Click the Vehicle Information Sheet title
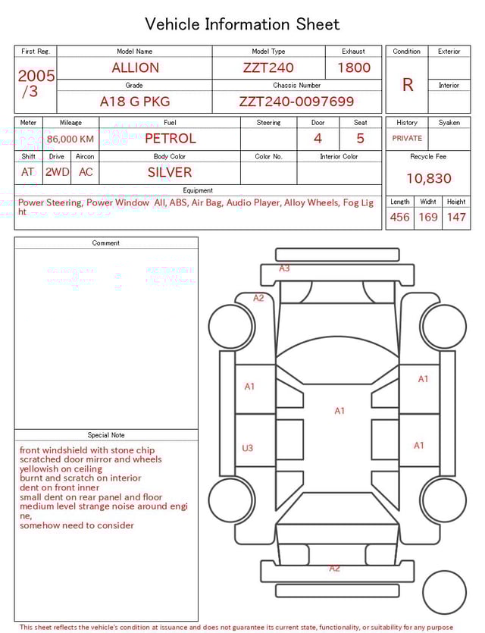coord(242,24)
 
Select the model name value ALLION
coord(136,67)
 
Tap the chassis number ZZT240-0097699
coord(296,102)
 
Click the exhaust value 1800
coord(354,67)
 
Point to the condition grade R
coord(408,85)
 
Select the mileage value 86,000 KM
coord(70,139)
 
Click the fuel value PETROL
coord(171,138)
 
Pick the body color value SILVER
coord(170,172)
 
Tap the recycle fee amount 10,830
coord(428,178)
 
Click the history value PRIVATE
coord(407,138)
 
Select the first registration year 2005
coord(36,76)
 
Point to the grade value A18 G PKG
coord(135,102)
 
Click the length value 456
coord(399,217)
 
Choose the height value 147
coord(456,217)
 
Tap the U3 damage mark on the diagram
coord(248,448)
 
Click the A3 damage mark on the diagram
coord(284,268)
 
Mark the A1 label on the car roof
coord(339,411)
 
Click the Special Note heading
coord(106,435)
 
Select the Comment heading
coord(106,243)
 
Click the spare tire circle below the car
coord(445,592)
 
